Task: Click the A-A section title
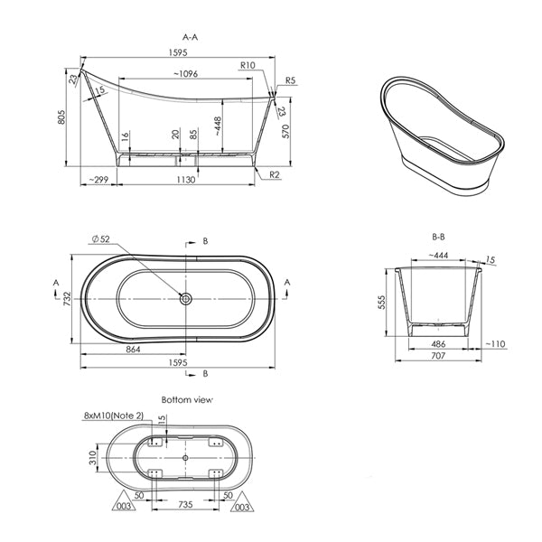point(191,37)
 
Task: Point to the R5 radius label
point(290,81)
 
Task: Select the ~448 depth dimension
point(217,126)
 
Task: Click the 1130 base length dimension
point(185,180)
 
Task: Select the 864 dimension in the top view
point(133,348)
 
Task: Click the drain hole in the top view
point(185,299)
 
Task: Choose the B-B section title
point(439,237)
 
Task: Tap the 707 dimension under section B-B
point(439,358)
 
